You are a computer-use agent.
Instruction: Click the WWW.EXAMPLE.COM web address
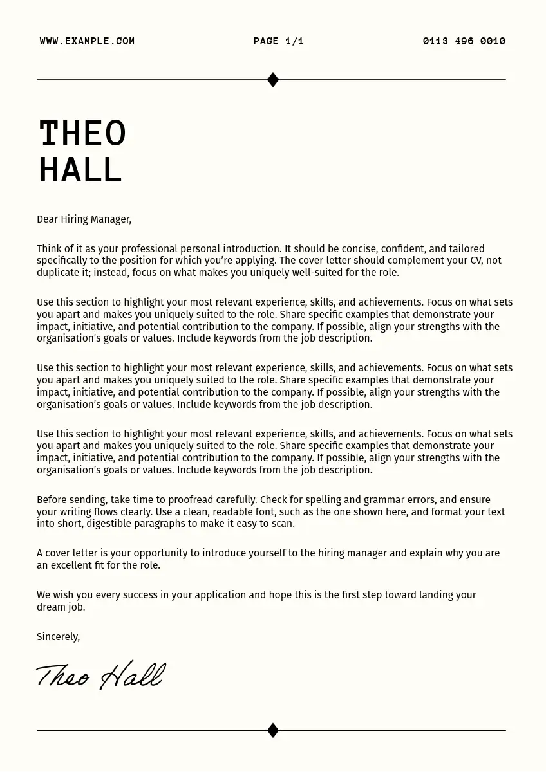87,41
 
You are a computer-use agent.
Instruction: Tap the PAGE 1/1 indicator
278,41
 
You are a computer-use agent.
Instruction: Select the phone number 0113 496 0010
464,41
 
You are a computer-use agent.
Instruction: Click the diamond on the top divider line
273,80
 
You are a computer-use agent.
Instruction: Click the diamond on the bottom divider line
273,730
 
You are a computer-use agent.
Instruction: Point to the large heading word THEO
82,134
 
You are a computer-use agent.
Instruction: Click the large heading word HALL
80,170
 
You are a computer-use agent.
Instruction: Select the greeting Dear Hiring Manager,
84,219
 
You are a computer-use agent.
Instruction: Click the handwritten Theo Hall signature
100,675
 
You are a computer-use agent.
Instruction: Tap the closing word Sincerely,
58,637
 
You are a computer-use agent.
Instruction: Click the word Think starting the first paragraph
49,249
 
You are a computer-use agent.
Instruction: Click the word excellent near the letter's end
71,565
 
